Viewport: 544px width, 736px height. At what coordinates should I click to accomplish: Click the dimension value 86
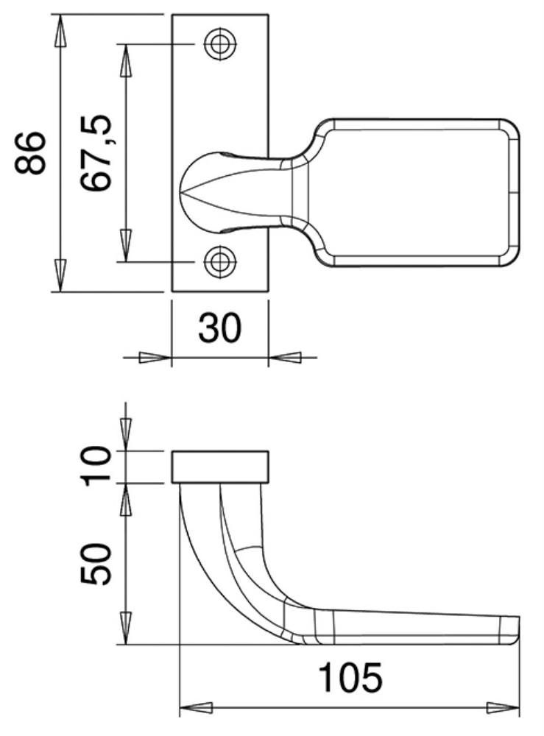30,153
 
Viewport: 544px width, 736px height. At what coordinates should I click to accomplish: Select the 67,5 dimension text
96,153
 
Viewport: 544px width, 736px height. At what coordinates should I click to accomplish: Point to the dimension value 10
96,467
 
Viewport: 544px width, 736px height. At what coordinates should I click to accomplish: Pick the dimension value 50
96,565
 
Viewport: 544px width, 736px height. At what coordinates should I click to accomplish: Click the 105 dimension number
350,677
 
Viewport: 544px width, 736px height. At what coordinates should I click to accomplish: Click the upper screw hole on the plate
219,44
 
